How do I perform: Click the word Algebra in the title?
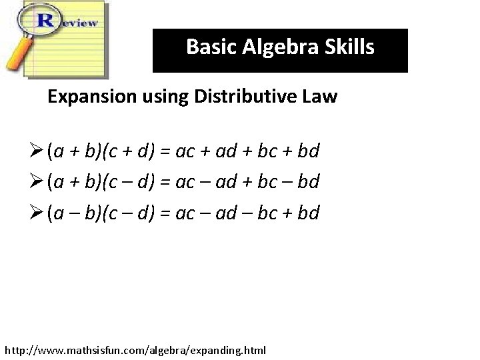279,47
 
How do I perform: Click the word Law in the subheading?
321,97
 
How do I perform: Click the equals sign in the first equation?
164,151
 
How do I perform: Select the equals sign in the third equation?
164,213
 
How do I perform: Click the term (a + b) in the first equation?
73,151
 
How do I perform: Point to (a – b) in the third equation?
73,213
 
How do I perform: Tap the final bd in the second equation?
309,182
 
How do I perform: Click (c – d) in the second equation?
128,182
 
